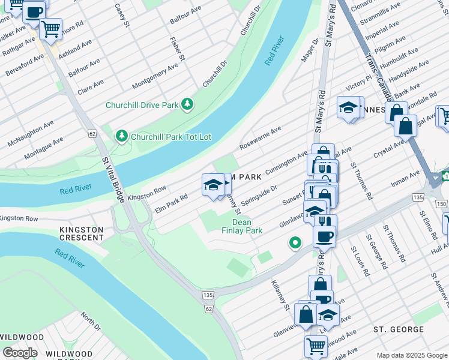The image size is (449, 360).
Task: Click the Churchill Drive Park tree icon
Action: click(x=188, y=104)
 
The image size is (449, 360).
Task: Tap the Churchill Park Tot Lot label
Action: click(x=171, y=137)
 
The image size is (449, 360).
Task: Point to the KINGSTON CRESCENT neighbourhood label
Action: click(x=81, y=235)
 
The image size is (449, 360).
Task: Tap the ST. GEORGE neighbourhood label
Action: click(x=399, y=329)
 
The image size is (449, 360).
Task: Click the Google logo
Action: click(x=19, y=352)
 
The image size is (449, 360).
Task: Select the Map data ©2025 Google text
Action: click(x=411, y=355)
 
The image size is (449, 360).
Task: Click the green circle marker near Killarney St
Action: click(x=294, y=243)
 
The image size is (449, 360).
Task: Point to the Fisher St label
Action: click(x=176, y=50)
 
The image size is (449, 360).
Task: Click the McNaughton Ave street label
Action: click(x=28, y=133)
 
